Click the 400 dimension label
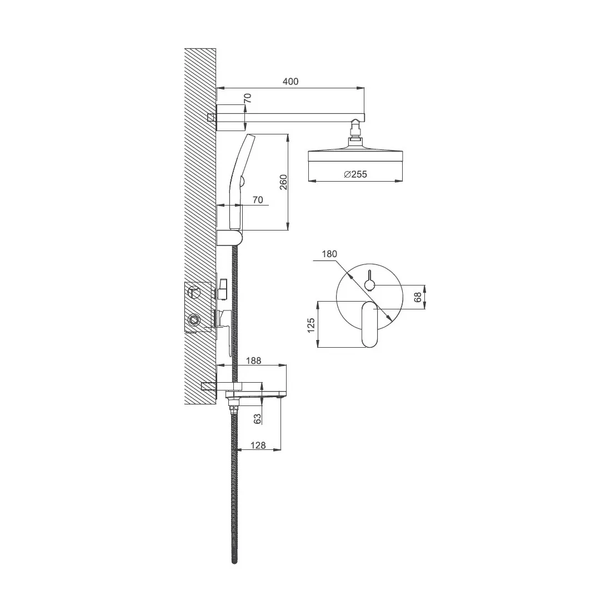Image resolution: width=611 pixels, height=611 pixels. pyautogui.click(x=291, y=82)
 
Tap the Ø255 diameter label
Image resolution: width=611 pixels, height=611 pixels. pyautogui.click(x=355, y=174)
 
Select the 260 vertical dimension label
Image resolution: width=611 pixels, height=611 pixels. pyautogui.click(x=283, y=182)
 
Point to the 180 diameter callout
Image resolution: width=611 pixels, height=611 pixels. pyautogui.click(x=329, y=254)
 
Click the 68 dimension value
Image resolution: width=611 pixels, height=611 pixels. pyautogui.click(x=418, y=297)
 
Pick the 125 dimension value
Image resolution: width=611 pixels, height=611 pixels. pyautogui.click(x=311, y=325)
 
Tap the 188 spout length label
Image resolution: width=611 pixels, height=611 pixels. pyautogui.click(x=254, y=361)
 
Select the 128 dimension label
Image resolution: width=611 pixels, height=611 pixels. pyautogui.click(x=258, y=445)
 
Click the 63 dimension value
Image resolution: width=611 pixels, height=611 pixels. pyautogui.click(x=257, y=419)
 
